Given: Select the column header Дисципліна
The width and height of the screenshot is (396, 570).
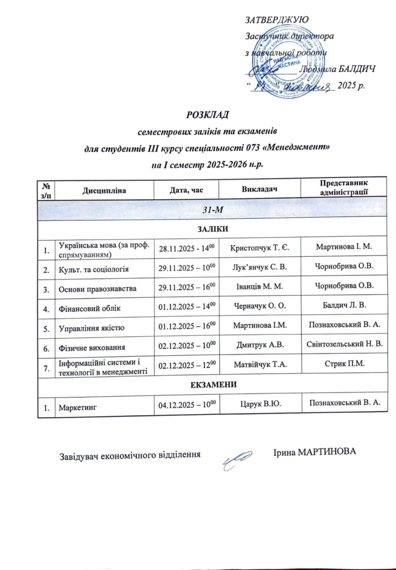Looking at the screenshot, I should coord(104,190).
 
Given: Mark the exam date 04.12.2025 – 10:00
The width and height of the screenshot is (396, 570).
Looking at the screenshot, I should coord(187,406).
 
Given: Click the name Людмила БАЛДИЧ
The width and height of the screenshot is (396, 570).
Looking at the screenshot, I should coord(336,69).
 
